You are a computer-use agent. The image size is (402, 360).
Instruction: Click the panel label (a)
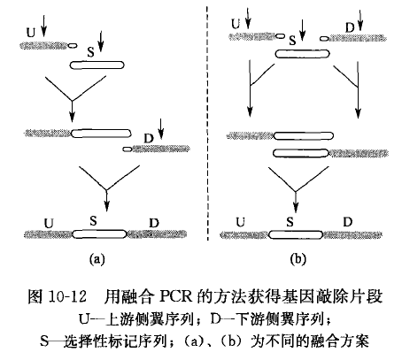[97, 259]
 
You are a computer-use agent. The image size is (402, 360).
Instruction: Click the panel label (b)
[298, 259]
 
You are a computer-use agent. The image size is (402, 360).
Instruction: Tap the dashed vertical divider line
[207, 123]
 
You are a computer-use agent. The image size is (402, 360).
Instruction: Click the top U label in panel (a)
[31, 33]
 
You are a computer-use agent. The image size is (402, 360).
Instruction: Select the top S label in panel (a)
[91, 52]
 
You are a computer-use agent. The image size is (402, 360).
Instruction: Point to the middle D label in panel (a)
[149, 138]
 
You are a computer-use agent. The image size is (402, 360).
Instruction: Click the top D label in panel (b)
[350, 28]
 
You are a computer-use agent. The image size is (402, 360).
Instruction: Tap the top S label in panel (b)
[292, 41]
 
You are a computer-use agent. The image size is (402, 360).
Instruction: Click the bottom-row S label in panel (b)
[290, 222]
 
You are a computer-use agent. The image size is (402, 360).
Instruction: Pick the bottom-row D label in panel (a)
[154, 223]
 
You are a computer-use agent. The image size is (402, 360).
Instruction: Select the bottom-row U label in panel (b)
[241, 222]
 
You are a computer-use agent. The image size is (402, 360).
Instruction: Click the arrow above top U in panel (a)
[43, 26]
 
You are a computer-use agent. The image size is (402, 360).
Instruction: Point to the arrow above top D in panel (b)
[360, 20]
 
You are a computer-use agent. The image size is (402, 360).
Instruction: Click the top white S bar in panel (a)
[97, 65]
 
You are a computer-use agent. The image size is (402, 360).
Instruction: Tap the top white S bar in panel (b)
[303, 54]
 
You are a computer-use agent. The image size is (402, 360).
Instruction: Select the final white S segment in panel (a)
[99, 234]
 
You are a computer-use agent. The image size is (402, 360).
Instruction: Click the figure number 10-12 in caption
[67, 296]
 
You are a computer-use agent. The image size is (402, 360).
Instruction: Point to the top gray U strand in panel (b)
[253, 36]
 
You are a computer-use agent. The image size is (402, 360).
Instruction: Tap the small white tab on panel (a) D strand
[128, 149]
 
